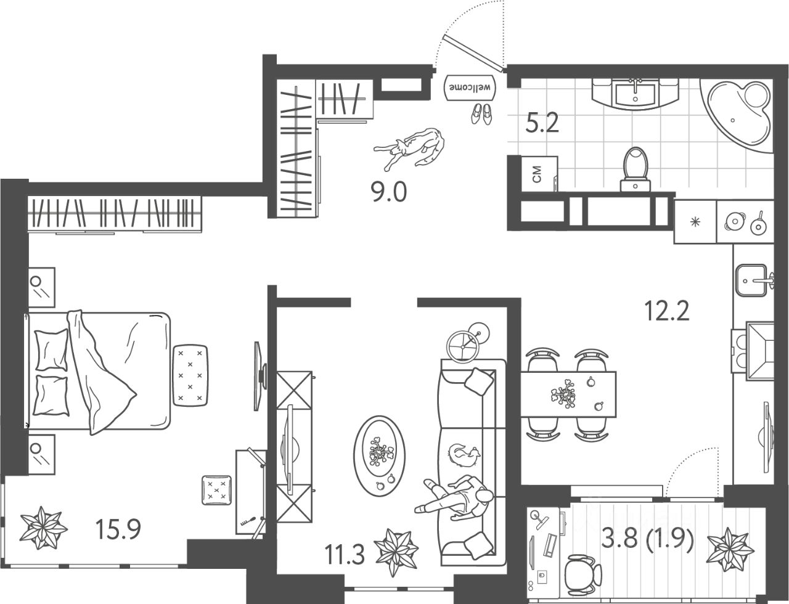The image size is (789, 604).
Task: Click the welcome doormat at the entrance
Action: tap(471, 87)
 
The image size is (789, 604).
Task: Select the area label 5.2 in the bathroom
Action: tap(542, 125)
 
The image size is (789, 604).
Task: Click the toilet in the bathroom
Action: tap(636, 167)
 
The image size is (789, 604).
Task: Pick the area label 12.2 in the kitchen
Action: tap(666, 311)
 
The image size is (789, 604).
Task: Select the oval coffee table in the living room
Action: tap(380, 455)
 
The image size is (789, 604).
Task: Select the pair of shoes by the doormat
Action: tap(481, 113)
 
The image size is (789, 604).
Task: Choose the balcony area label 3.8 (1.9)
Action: tap(647, 541)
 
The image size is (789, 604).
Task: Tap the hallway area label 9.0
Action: tap(388, 193)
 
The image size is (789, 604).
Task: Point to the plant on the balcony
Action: tap(730, 545)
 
